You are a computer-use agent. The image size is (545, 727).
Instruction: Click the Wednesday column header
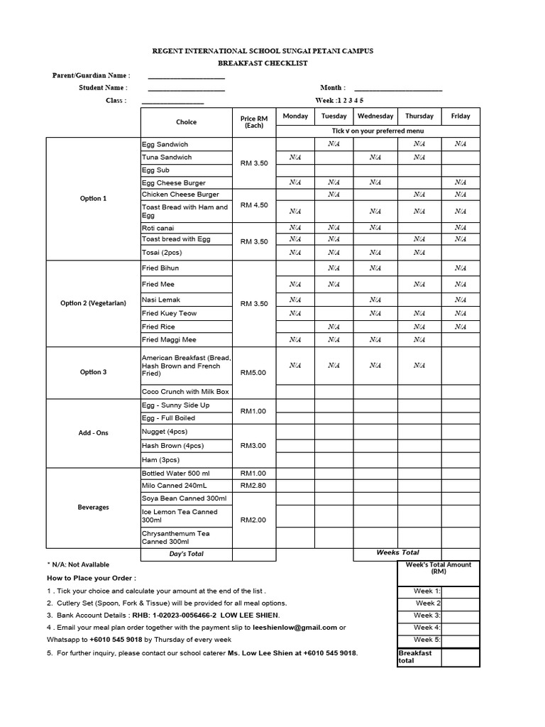pos(375,116)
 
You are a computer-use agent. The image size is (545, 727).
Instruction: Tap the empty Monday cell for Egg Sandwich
pos(295,144)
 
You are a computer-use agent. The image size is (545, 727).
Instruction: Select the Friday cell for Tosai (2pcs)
pos(460,253)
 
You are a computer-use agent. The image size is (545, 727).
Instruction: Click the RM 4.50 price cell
pos(254,205)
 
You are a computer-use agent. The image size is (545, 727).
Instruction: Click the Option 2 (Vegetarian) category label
pos(94,303)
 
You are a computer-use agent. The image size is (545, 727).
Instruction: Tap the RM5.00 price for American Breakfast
pos(254,372)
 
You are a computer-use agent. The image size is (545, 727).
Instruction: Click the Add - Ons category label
pos(94,432)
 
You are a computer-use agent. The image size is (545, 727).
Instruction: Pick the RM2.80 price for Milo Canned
pos(254,486)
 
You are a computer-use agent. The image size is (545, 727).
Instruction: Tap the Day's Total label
pos(187,554)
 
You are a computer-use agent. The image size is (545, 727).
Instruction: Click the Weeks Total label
pos(397,552)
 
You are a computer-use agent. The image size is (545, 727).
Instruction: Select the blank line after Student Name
pos(186,88)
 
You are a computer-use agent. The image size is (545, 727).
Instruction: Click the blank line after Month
pos(402,88)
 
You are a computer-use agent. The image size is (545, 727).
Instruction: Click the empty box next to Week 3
pos(461,616)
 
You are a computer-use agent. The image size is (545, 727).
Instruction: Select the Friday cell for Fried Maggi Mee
pos(460,340)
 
